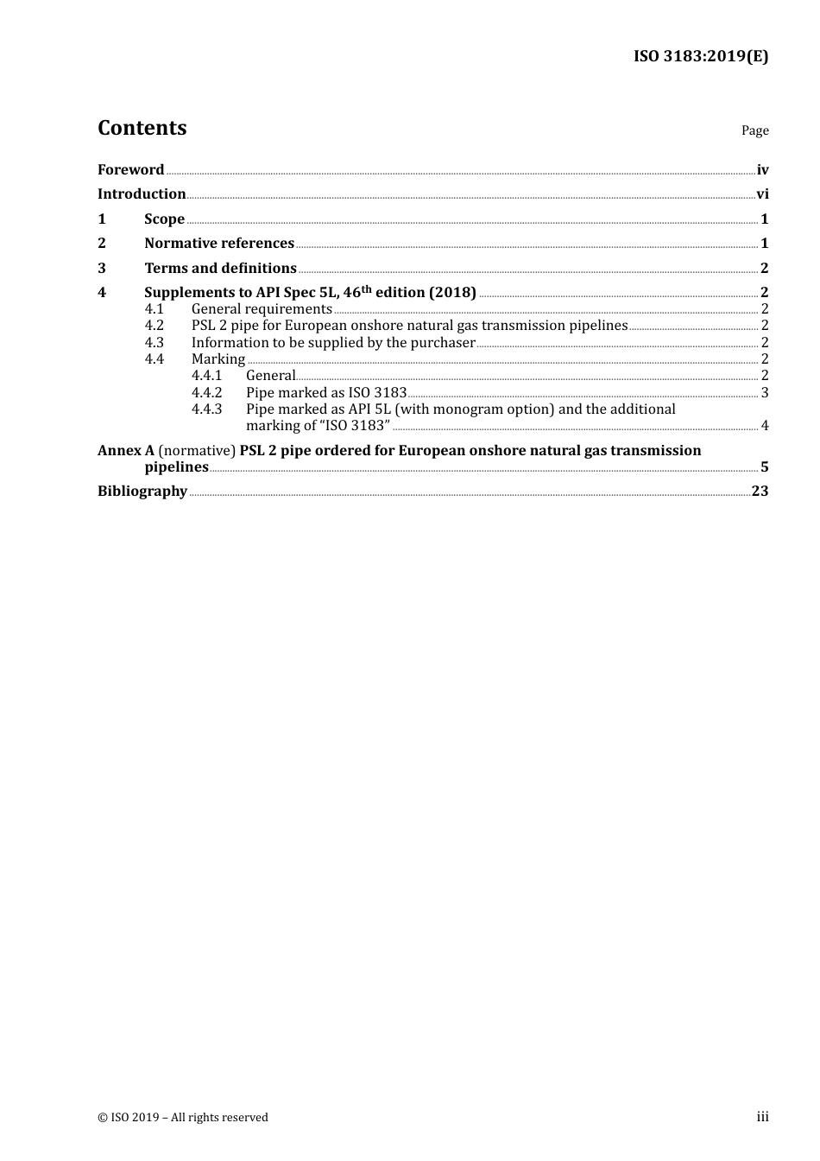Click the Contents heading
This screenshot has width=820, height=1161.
142,128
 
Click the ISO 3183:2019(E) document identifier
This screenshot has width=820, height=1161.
701,56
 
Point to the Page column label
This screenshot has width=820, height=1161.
754,130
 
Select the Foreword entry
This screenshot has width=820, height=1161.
130,169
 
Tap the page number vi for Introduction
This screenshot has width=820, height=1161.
762,193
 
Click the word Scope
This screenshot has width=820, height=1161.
164,219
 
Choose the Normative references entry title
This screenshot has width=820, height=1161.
219,243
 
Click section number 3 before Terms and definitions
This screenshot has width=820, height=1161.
102,268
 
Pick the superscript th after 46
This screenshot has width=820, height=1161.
366,288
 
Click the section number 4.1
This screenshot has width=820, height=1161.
154,308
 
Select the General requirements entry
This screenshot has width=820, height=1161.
262,308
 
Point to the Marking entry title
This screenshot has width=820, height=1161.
218,358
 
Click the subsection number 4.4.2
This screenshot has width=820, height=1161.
206,392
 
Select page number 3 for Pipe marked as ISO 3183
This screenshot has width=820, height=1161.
765,392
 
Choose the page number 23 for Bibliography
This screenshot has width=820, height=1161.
760,491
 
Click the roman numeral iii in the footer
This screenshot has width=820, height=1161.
762,1117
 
